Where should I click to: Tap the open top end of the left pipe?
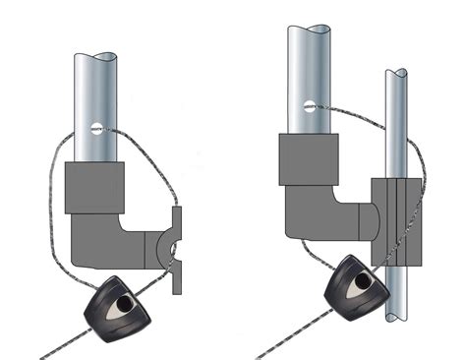pos(96,56)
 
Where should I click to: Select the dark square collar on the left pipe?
pos(95,189)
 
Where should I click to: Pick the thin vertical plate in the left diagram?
pos(177,251)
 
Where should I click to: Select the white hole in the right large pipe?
pos(308,102)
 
